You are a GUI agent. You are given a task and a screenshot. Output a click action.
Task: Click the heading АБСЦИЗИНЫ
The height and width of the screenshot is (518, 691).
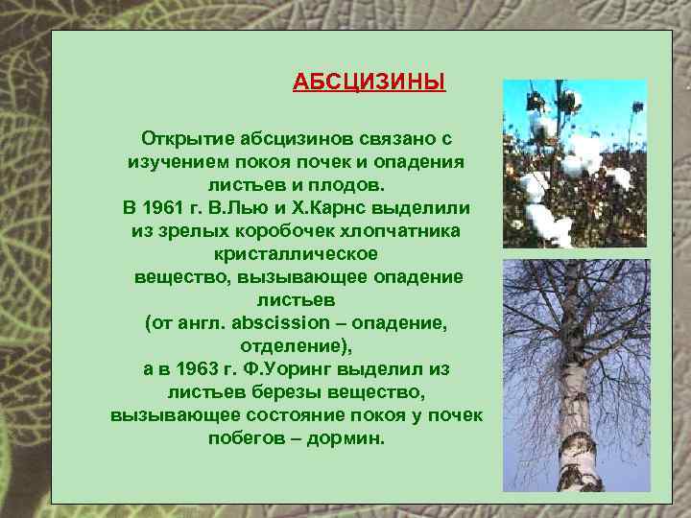click(x=369, y=82)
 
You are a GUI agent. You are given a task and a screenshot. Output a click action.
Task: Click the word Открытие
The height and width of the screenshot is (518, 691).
click(x=181, y=139)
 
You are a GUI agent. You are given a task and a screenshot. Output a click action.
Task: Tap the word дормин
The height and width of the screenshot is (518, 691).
click(x=348, y=438)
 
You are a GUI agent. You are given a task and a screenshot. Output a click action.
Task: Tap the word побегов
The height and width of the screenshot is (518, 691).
click(x=246, y=438)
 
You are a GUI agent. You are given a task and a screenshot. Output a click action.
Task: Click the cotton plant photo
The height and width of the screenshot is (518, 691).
click(x=575, y=163)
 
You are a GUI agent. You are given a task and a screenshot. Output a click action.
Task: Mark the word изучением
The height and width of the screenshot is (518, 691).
click(x=174, y=162)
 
